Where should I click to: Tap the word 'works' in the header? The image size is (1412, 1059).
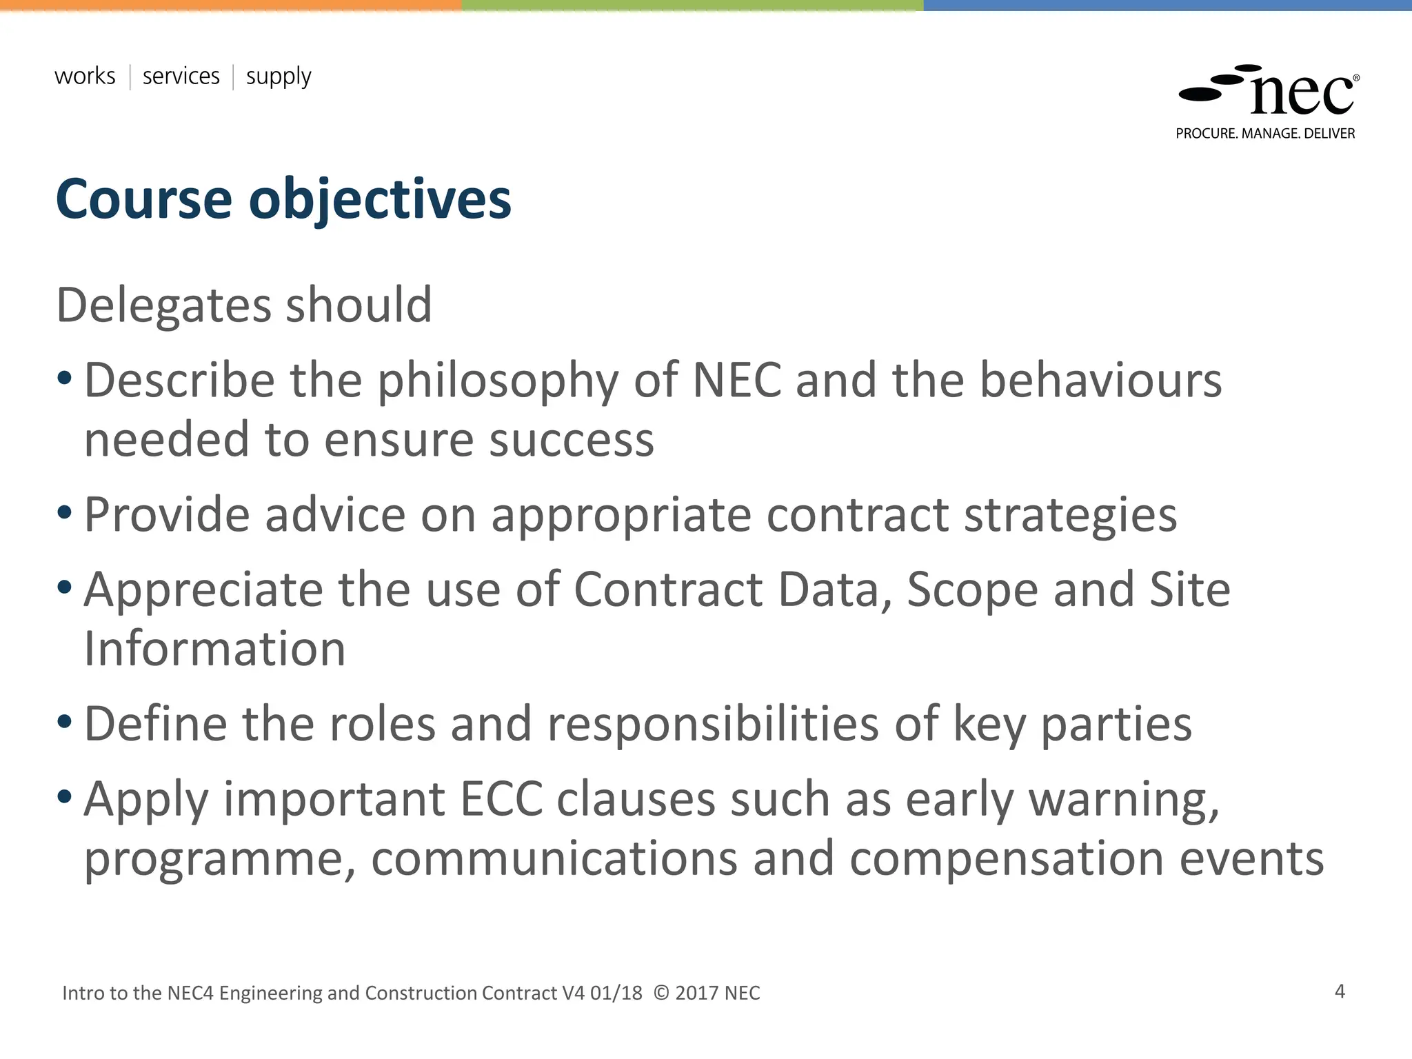pos(85,76)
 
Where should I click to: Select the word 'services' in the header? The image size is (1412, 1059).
pos(181,76)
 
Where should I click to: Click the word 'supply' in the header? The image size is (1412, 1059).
pos(279,77)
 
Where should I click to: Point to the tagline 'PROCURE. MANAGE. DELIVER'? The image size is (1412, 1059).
pos(1265,134)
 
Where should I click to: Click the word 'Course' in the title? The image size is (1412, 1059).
pos(143,199)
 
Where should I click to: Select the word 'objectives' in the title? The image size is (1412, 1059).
pos(380,201)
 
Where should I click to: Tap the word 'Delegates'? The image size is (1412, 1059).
pos(163,305)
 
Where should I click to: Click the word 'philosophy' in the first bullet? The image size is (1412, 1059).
pos(498,382)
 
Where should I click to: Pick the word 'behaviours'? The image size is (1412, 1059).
pos(1101,381)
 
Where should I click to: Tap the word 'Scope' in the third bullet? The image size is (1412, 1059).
pos(972,590)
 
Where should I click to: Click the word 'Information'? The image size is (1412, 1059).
pos(214,649)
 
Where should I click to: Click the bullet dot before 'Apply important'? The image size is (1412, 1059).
pos(65,797)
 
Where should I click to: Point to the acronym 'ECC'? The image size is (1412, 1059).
pos(501,799)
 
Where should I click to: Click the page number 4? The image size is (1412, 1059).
pos(1340,991)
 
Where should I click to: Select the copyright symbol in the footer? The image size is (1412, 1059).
pos(660,993)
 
